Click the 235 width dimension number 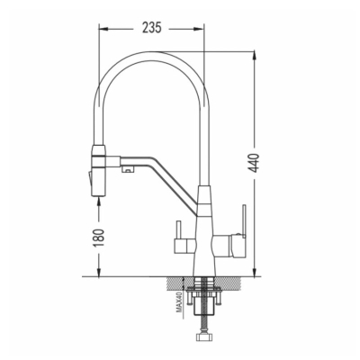(x=152, y=28)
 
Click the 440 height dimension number (x=255, y=163)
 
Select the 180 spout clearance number (x=99, y=238)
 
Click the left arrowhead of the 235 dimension (x=103, y=29)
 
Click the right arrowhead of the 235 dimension (x=200, y=29)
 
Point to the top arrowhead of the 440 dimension (x=255, y=56)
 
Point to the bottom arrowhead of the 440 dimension (x=255, y=272)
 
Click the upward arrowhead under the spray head (x=99, y=202)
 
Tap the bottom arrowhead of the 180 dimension (x=99, y=272)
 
